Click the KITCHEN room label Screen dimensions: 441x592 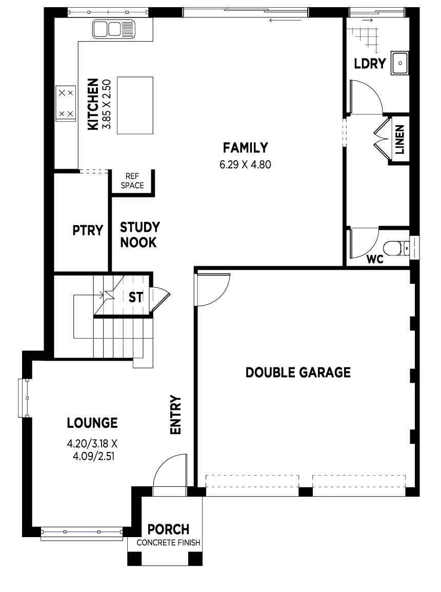pyautogui.click(x=93, y=104)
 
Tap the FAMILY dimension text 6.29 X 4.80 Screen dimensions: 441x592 pyautogui.click(x=245, y=165)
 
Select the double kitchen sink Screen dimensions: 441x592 pyautogui.click(x=113, y=29)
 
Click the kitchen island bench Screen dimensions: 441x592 pyautogui.click(x=135, y=105)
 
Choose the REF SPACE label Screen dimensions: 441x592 pyautogui.click(x=132, y=181)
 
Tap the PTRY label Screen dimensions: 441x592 pyautogui.click(x=88, y=230)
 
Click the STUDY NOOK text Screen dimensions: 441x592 pyautogui.click(x=139, y=235)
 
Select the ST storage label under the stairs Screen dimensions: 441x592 pyautogui.click(x=136, y=298)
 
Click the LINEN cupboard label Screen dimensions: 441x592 pyautogui.click(x=400, y=140)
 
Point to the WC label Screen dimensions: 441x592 pyautogui.click(x=375, y=260)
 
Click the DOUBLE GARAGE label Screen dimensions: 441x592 pyautogui.click(x=298, y=372)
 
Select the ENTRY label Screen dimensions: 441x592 pyautogui.click(x=176, y=415)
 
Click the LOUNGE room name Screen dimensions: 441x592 pyautogui.click(x=92, y=423)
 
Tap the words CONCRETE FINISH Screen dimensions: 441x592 pyautogui.click(x=168, y=543)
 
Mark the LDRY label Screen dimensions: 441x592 pyautogui.click(x=370, y=64)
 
